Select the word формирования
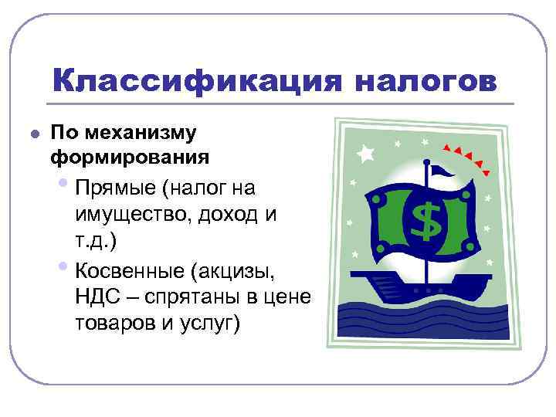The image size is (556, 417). coord(129,158)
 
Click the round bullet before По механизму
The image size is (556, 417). coord(32,133)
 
